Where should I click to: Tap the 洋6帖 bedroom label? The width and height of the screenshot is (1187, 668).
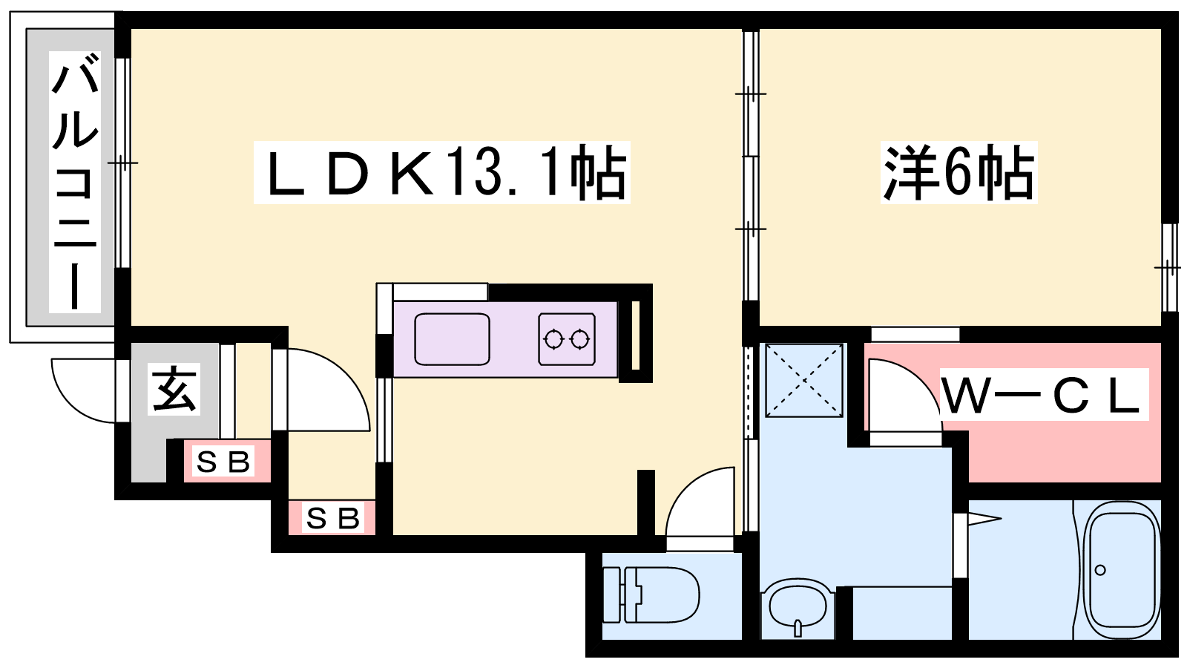958,171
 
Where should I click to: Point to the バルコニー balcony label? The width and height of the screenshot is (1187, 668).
75,181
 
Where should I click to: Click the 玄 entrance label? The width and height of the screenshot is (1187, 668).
174,390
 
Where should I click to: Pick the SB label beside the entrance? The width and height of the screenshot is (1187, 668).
223,461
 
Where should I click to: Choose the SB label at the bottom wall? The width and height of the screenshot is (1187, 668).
333,518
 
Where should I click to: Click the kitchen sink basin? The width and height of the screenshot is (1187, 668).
452,339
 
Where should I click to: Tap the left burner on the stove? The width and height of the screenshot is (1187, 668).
553,338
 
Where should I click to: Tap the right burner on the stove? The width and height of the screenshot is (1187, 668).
579,338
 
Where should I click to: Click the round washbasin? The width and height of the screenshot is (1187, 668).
798,609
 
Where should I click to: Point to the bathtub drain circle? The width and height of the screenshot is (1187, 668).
1100,571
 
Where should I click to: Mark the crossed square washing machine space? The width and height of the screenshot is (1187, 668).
804,380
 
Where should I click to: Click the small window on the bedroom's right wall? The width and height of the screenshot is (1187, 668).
1169,268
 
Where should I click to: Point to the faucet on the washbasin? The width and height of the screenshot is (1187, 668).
798,629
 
